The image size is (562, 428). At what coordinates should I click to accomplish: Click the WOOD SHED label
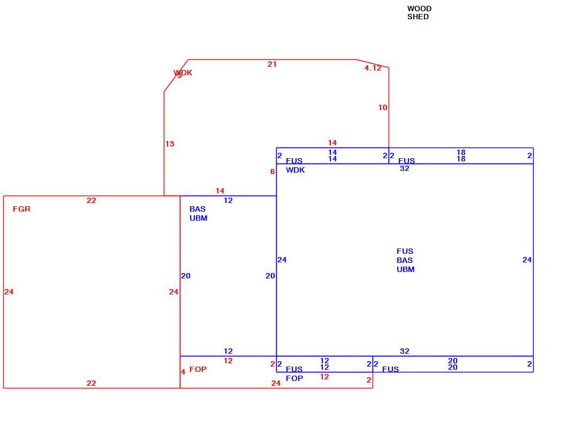[419, 12]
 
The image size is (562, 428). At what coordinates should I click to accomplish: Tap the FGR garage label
[21, 209]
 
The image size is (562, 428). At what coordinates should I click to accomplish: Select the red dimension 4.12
[373, 68]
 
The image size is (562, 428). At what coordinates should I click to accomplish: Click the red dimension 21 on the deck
[272, 65]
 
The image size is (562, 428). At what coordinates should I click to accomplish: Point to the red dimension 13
[170, 144]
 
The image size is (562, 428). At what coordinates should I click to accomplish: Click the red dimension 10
[383, 107]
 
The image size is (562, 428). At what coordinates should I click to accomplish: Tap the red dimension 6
[272, 172]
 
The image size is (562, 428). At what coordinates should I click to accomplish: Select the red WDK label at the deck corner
[183, 73]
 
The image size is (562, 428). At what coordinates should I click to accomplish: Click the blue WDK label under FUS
[295, 170]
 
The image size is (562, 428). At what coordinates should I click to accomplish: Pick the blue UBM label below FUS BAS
[405, 269]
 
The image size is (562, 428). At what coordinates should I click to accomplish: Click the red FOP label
[198, 369]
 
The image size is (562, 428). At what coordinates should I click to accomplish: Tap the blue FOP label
[294, 378]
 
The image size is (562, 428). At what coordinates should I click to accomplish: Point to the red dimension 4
[183, 372]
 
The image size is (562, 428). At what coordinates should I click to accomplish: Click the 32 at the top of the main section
[404, 168]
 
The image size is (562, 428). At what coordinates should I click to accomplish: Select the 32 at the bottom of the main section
[404, 352]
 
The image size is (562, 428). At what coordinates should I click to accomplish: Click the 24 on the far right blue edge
[527, 260]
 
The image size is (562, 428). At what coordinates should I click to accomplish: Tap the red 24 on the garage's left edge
[9, 292]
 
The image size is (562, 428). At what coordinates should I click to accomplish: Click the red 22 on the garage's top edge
[92, 201]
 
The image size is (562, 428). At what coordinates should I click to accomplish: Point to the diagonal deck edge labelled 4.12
[373, 64]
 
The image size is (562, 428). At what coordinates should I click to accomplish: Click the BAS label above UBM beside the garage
[198, 209]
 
